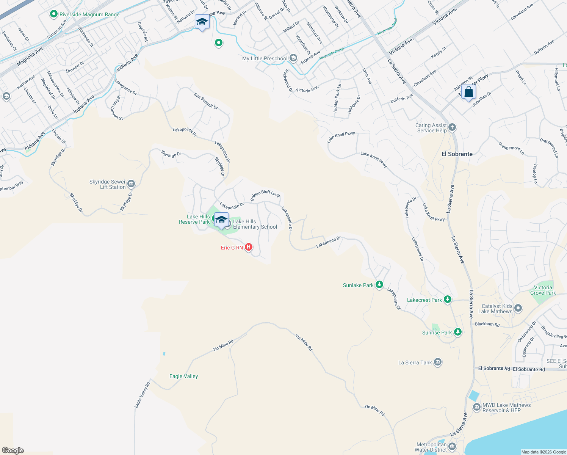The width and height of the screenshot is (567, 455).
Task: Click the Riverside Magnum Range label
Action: tap(89, 14)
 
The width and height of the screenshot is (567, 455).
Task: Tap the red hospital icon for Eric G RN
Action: tap(249, 247)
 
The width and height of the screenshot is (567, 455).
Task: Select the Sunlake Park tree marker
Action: tap(379, 285)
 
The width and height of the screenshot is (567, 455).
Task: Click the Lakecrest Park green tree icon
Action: tap(448, 300)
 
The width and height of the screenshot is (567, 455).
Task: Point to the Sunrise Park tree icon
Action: tap(458, 332)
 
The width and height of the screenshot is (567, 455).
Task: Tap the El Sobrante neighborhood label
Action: tap(457, 154)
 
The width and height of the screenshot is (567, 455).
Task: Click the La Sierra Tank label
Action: tap(415, 362)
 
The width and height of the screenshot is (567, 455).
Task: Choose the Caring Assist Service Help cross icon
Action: tap(452, 127)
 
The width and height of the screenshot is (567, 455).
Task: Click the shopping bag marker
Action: tap(468, 92)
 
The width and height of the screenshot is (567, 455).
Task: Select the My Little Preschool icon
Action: tap(293, 58)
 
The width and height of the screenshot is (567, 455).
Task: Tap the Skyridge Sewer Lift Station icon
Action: tap(131, 184)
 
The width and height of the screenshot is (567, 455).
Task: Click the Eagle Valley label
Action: tap(183, 376)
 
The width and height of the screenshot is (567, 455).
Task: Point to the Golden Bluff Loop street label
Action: tap(265, 194)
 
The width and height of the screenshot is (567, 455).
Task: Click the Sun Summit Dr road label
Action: tap(206, 101)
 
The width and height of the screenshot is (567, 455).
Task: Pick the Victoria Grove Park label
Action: tap(543, 290)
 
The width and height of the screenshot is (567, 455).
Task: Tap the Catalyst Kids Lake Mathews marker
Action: tap(518, 308)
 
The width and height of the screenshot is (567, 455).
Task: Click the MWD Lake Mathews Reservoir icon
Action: tap(477, 408)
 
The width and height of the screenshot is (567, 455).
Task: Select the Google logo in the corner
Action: tap(13, 450)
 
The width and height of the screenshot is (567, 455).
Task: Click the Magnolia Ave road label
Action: tap(30, 56)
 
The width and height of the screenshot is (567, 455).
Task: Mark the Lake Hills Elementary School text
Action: tap(255, 224)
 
